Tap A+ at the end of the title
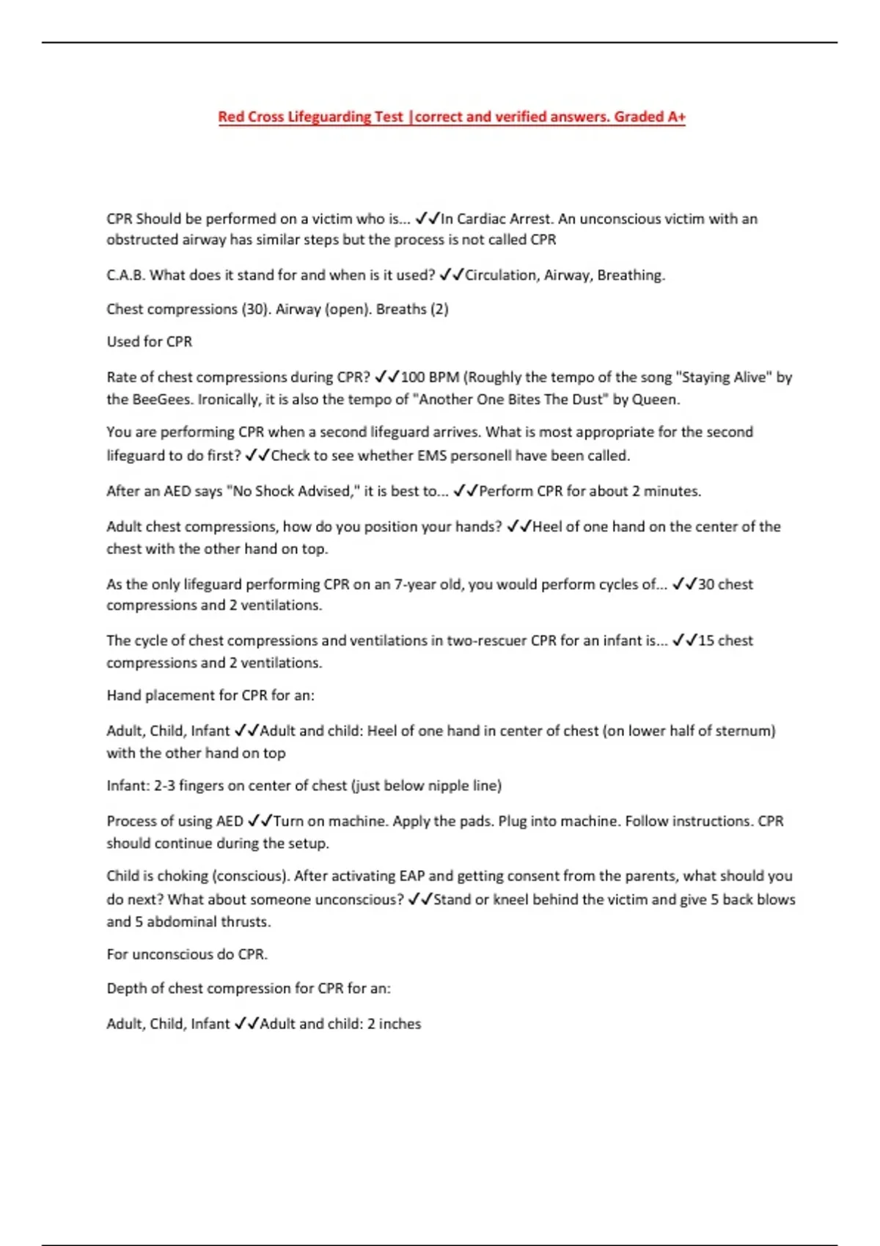[x=676, y=117]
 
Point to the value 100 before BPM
[x=413, y=377]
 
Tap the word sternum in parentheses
[x=749, y=731]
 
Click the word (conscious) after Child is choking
[x=248, y=876]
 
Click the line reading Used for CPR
[x=150, y=342]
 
